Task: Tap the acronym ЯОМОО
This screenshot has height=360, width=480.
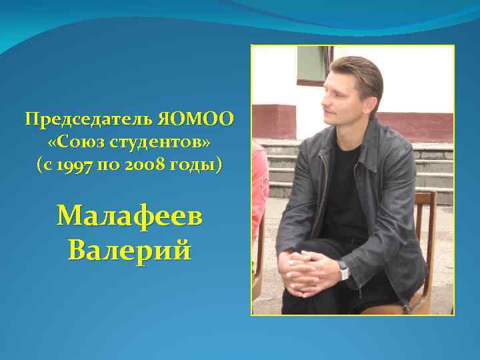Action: (197, 120)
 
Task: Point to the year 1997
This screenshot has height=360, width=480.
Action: (79, 165)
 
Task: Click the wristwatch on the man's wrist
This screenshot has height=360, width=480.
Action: (344, 270)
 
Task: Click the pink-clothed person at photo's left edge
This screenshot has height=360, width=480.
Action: (259, 187)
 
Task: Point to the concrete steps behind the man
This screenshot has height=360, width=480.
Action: (433, 167)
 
